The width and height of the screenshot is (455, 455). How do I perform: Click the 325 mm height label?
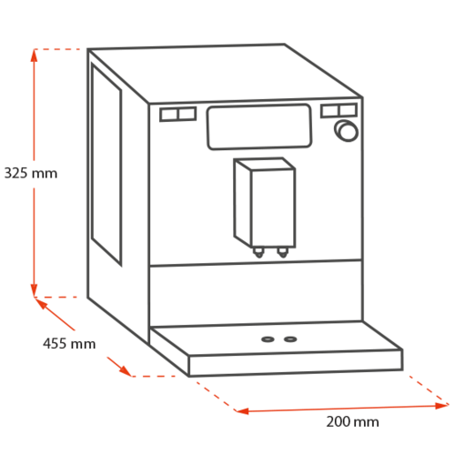pyautogui.click(x=31, y=173)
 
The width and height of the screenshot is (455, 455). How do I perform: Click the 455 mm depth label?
pyautogui.click(x=69, y=344)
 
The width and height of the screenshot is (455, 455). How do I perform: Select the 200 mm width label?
pyautogui.click(x=352, y=421)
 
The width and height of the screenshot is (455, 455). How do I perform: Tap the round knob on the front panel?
pyautogui.click(x=347, y=131)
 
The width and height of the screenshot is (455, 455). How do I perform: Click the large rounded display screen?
pyautogui.click(x=259, y=126)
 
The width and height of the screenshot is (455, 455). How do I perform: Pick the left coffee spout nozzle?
pyautogui.click(x=258, y=252)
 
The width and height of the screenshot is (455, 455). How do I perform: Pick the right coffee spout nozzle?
pyautogui.click(x=282, y=252)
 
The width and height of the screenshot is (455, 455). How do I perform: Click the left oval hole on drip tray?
pyautogui.click(x=268, y=339)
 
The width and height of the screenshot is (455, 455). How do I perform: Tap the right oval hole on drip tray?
pyautogui.click(x=290, y=339)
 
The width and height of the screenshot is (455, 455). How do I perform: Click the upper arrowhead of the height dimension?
pyautogui.click(x=34, y=56)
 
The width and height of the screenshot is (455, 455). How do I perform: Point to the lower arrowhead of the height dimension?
pyautogui.click(x=34, y=290)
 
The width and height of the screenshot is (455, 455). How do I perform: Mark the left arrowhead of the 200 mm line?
pyautogui.click(x=242, y=411)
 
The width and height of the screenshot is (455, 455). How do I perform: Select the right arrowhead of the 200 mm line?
pyautogui.click(x=441, y=406)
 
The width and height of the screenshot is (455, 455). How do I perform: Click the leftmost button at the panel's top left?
pyautogui.click(x=169, y=115)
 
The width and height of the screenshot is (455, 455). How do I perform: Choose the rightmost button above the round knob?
pyautogui.click(x=348, y=110)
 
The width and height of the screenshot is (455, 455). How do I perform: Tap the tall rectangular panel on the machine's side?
pyautogui.click(x=106, y=164)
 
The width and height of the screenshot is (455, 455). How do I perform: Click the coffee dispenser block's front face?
pyautogui.click(x=273, y=208)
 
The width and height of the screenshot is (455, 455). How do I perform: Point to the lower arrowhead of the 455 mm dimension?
pyautogui.click(x=126, y=371)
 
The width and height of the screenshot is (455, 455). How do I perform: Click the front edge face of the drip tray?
pyautogui.click(x=296, y=363)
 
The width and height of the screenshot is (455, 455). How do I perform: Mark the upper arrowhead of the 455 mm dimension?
pyautogui.click(x=41, y=303)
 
